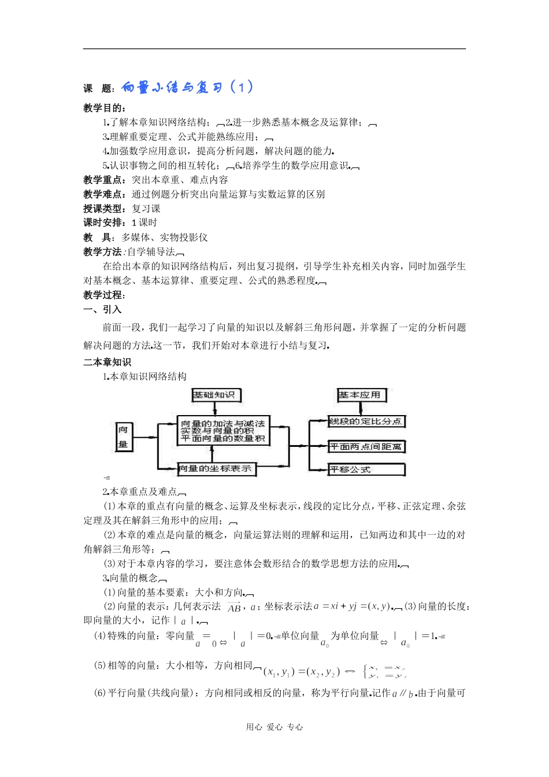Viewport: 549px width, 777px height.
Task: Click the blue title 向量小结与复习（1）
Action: click(x=187, y=87)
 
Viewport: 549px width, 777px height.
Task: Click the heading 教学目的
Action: click(x=104, y=108)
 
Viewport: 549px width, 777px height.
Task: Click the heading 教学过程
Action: click(x=104, y=295)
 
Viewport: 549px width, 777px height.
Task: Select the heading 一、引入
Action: click(x=102, y=309)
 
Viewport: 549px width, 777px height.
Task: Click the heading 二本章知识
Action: click(x=107, y=362)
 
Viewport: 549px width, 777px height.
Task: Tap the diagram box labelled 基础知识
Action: click(x=215, y=395)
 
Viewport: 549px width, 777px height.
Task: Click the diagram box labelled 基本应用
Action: click(x=361, y=395)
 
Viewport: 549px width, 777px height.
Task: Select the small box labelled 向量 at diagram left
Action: click(x=124, y=437)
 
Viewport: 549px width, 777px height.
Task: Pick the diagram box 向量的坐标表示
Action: click(x=216, y=468)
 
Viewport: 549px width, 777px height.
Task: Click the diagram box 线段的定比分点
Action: click(x=366, y=421)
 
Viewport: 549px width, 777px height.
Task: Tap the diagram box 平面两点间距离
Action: click(x=366, y=446)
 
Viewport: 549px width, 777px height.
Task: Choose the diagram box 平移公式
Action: click(x=366, y=469)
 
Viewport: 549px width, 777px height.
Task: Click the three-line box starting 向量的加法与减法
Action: click(x=222, y=431)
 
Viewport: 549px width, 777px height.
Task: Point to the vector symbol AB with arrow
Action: click(x=234, y=607)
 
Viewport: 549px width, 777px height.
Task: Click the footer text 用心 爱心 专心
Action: click(x=274, y=727)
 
